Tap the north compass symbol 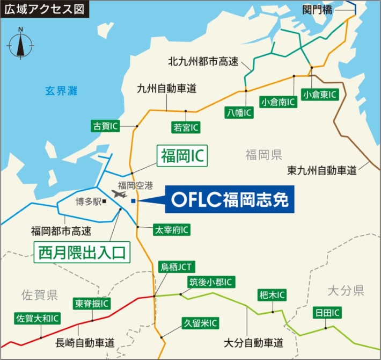tap(20, 43)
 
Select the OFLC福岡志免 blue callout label tap(230, 200)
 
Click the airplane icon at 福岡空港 tap(119, 193)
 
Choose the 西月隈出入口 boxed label tap(83, 251)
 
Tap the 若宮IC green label tap(186, 127)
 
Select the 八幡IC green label tap(239, 112)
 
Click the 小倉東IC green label tap(320, 95)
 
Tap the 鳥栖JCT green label tap(178, 267)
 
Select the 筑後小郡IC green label tap(211, 282)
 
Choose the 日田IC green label tap(327, 313)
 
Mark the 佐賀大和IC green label tap(37, 319)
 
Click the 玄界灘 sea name tap(61, 91)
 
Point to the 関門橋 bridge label tap(318, 9)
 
